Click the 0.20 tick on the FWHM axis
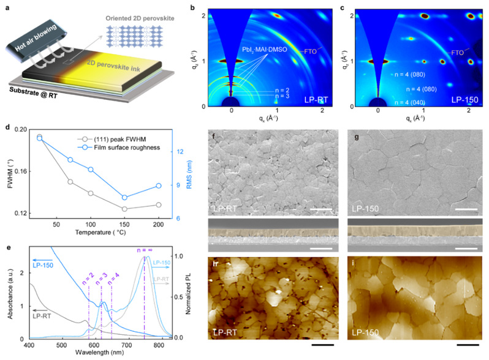click(21, 130)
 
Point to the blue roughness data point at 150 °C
click(124, 197)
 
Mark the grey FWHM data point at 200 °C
click(159, 204)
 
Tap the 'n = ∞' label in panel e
click(141, 250)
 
